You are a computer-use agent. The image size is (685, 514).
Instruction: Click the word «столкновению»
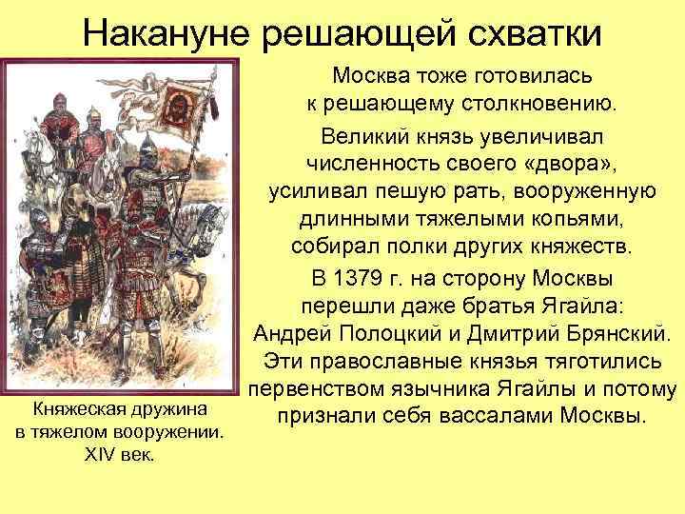pyautogui.click(x=538, y=103)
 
